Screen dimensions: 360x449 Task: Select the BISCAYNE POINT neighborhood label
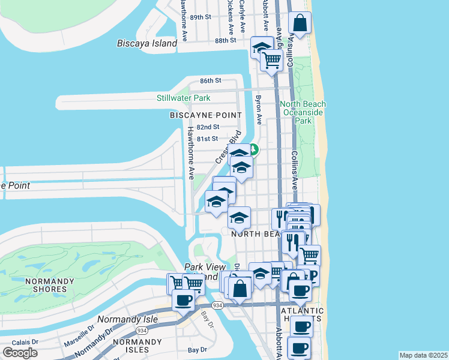(x=205, y=115)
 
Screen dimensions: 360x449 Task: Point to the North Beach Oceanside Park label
(x=303, y=112)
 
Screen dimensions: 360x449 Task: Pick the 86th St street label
(x=211, y=80)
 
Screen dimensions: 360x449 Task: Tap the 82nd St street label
(x=208, y=127)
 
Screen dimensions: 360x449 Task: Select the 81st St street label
(x=208, y=139)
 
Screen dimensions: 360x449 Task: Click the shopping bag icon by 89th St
(x=300, y=24)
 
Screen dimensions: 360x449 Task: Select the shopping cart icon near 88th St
(x=272, y=60)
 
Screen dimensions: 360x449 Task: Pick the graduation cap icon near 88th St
(x=261, y=47)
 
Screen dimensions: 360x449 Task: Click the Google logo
(x=20, y=353)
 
